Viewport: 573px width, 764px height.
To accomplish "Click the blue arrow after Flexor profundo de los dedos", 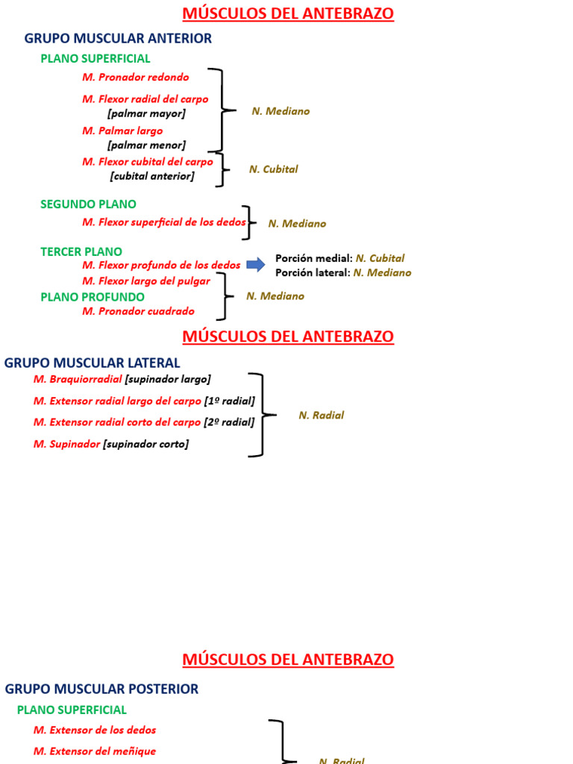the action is pos(256,264).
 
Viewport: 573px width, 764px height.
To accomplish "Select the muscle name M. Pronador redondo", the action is pos(135,77).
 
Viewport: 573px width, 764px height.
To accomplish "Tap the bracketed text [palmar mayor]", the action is pos(146,113).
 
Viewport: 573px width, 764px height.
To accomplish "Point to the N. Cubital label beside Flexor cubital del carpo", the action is pos(273,169).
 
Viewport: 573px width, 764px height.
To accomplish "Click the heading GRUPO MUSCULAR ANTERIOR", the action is pos(118,38).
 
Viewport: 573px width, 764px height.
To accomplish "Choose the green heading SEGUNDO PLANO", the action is pos(88,204).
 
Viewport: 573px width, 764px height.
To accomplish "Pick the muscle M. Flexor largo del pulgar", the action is pos(146,281).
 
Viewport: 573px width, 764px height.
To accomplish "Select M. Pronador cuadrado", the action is pos(138,311).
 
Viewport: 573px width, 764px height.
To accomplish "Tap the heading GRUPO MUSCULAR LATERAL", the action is pos(92,363).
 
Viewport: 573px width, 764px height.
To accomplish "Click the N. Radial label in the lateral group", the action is pos(321,415).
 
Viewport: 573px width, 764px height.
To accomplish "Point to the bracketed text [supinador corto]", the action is pos(145,444).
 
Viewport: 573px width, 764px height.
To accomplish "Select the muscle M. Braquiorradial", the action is pos(78,379).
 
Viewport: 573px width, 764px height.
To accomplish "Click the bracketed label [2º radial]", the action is pos(229,422).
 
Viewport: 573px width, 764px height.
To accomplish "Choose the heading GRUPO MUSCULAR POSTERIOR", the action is pos(101,689).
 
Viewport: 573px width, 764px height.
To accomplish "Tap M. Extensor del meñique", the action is pos(95,751).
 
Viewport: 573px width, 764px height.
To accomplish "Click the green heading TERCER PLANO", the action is pos(81,251).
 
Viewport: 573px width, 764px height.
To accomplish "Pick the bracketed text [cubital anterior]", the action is pos(151,176).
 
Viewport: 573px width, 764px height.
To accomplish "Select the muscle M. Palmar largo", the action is pos(122,131).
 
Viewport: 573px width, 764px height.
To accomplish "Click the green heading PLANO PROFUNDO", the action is pos(93,296).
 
